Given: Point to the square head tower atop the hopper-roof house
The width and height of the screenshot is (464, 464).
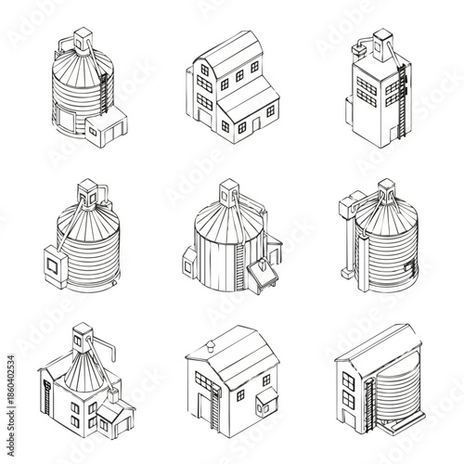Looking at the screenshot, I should tap(84, 332).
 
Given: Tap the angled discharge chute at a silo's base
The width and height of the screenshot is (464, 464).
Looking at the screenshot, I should tap(263, 273).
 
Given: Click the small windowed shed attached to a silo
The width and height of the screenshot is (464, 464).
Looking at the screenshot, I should tap(110, 129).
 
